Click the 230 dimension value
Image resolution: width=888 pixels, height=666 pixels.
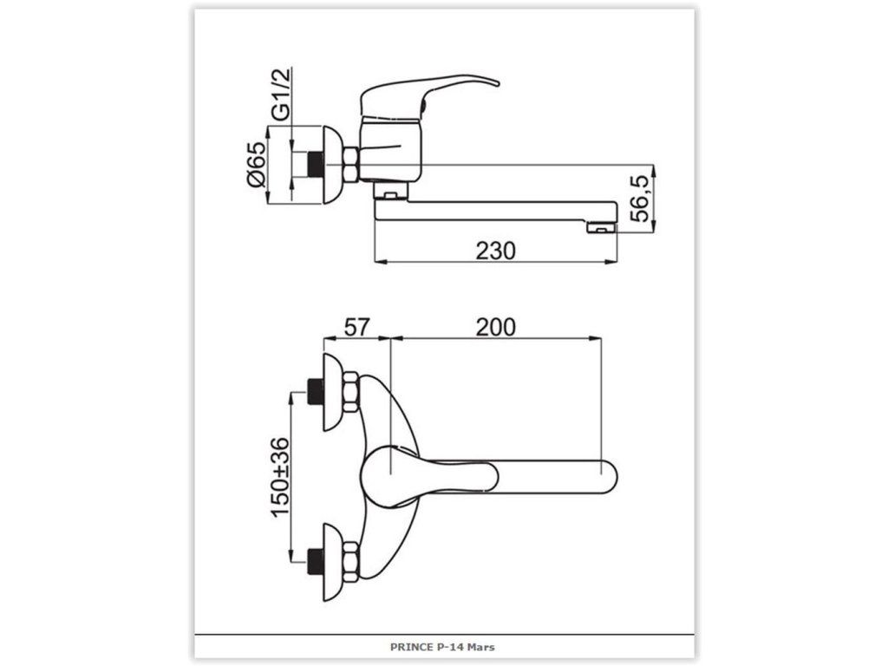(495, 251)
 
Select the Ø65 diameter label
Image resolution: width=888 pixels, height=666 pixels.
(256, 164)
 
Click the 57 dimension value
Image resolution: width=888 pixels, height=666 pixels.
(356, 327)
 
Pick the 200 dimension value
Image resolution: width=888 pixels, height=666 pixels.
(495, 327)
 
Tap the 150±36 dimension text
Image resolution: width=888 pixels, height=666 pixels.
(280, 478)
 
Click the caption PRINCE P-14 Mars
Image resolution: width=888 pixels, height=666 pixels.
(442, 647)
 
